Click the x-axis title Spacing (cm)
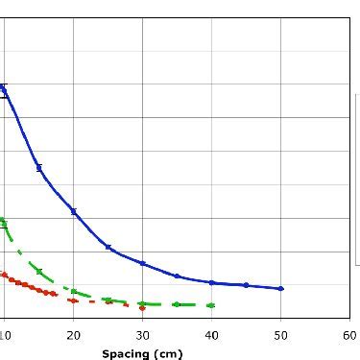click(x=141, y=353)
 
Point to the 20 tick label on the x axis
click(x=73, y=335)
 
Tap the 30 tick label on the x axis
click(x=142, y=335)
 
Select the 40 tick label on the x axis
click(x=211, y=335)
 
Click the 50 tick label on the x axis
click(x=280, y=335)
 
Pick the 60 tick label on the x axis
click(x=349, y=335)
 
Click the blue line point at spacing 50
click(x=280, y=288)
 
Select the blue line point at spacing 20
click(x=73, y=211)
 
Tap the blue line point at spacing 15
click(x=38, y=167)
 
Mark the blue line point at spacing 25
click(x=108, y=247)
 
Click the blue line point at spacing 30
click(x=142, y=263)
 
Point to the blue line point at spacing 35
click(x=177, y=276)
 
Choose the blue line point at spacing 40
click(x=211, y=282)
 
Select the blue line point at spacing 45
click(x=246, y=285)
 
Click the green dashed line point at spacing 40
click(x=211, y=305)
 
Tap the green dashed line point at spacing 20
click(x=73, y=291)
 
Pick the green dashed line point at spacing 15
click(x=38, y=271)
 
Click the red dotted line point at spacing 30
click(x=142, y=307)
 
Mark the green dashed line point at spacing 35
click(x=177, y=304)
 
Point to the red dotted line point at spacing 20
click(x=73, y=300)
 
